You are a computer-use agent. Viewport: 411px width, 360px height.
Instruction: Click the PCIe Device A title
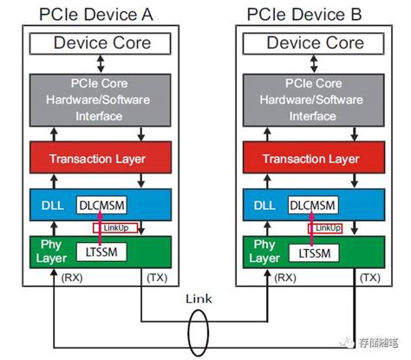point(102,14)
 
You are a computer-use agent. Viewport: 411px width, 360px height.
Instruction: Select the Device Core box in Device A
point(102,43)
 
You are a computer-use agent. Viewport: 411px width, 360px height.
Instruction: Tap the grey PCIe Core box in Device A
point(102,98)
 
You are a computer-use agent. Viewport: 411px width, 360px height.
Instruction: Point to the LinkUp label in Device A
point(116,228)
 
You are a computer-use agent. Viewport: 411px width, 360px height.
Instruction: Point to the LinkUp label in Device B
point(327,227)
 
